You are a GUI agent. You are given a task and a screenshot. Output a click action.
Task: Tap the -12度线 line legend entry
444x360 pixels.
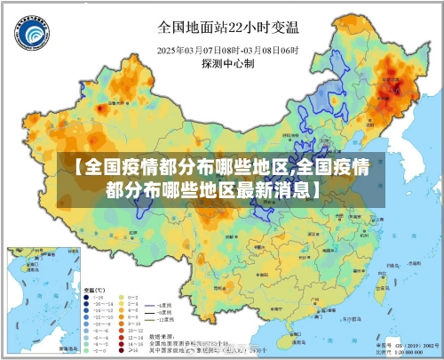click(x=165, y=320)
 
